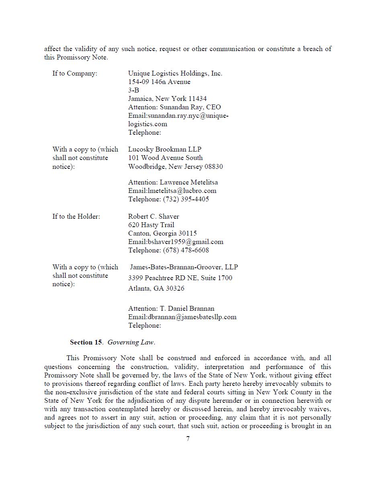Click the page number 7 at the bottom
[188, 439]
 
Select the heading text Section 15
[86, 342]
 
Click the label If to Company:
[75, 74]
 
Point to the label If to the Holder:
[76, 217]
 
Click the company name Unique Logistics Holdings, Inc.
[175, 74]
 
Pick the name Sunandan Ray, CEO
[190, 107]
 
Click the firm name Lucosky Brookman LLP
[165, 150]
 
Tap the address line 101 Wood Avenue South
[165, 158]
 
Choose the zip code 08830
[213, 167]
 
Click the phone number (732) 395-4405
[186, 199]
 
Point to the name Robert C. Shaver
[154, 217]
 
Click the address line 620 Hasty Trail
[151, 225]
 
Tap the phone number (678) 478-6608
[186, 250]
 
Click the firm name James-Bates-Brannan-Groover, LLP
[184, 267]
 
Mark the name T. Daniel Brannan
[187, 309]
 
